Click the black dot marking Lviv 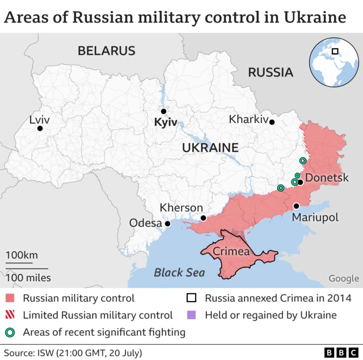point(40,129)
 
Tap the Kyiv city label point(166,122)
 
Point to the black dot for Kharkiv point(272,122)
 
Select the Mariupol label point(315,217)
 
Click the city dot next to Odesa point(168,223)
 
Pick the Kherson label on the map point(181,207)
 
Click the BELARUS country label point(107,51)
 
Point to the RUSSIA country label point(271,72)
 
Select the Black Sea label point(179,273)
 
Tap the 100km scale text point(22,255)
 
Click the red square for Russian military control point(11,298)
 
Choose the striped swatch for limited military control point(11,315)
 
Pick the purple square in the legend point(192,315)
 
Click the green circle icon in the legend point(11,332)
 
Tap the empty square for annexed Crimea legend point(192,298)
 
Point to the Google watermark point(344,278)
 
